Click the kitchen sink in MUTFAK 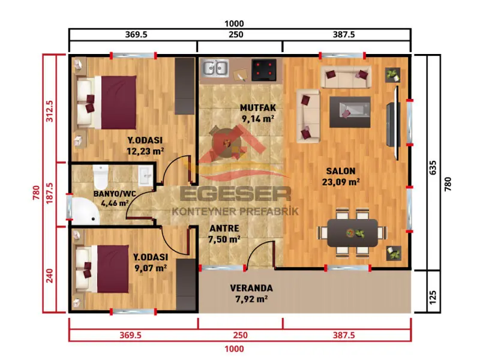215,68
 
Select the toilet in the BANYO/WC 100,178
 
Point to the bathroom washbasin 145,176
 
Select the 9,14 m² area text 258,119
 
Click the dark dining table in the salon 352,232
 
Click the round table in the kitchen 228,142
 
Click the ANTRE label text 224,229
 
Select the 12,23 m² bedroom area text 145,151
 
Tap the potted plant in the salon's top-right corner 393,74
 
